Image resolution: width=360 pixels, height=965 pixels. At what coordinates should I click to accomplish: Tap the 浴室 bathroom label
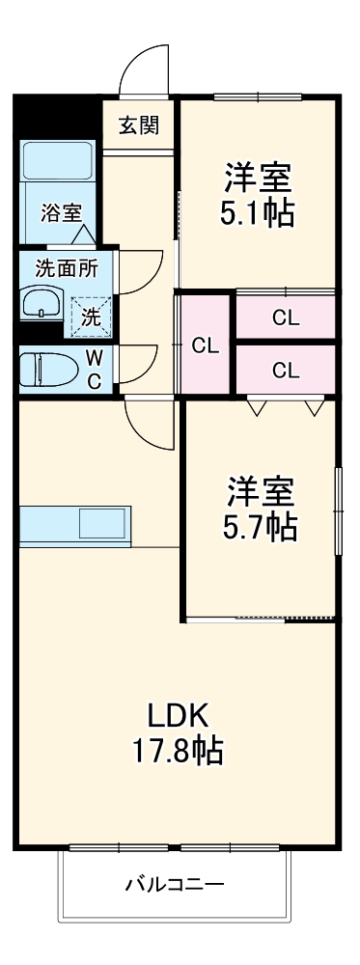point(61,213)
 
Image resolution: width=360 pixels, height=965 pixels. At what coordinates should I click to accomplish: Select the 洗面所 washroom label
point(60,268)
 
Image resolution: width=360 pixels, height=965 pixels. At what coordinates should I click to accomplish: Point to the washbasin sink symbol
point(41,305)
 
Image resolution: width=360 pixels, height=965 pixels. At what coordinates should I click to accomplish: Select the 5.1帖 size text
point(259,213)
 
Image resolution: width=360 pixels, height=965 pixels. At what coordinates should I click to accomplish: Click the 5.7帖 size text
point(261,527)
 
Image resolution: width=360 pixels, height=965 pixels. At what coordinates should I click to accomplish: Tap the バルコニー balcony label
point(175,884)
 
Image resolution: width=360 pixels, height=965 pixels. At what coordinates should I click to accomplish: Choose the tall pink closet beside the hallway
point(204,345)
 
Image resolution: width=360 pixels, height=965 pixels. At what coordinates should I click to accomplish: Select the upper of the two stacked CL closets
point(285,317)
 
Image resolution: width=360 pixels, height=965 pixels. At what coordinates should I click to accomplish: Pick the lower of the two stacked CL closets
point(285,369)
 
